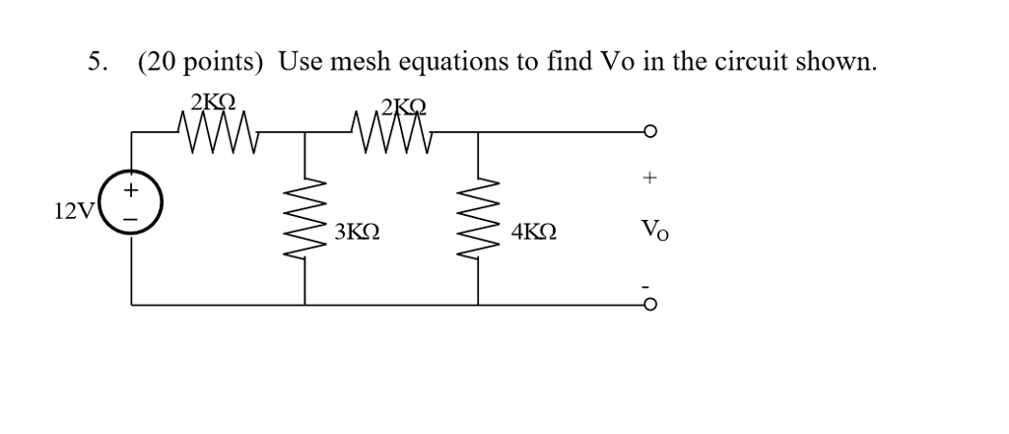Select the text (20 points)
201,63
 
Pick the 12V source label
74,210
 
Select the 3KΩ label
357,233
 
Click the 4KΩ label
533,233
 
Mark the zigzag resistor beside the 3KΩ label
304,217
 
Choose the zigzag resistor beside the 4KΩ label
480,217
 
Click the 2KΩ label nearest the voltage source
213,102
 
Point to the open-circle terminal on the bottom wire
649,305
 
